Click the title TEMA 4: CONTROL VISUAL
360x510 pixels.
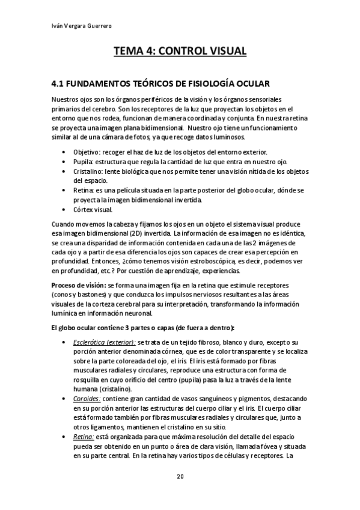[x=180, y=51]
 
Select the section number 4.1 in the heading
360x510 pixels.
[x=60, y=82]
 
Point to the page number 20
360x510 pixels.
[x=180, y=477]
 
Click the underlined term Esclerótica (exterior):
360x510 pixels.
[x=100, y=341]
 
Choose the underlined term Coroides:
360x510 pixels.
[x=87, y=398]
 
